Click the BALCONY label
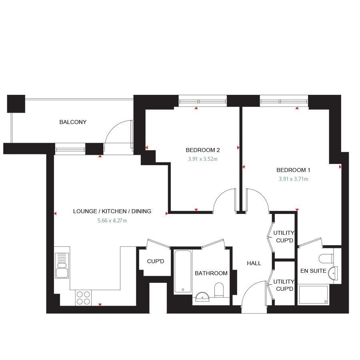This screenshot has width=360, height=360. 73,122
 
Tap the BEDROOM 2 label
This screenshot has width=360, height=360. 203,150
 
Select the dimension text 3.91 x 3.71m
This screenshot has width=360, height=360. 294,179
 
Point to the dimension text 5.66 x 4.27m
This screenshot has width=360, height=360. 112,220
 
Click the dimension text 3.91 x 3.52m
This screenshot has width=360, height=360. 203,159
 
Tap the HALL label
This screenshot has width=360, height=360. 254,263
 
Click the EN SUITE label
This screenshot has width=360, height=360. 313,271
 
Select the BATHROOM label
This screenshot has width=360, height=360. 211,273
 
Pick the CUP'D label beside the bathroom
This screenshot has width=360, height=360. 156,262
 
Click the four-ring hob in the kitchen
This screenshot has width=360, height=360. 83,298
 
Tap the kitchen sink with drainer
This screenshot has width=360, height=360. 62,266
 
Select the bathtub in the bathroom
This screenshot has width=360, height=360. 183,272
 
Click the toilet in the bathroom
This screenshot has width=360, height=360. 219,290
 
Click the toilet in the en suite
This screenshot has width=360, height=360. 326,258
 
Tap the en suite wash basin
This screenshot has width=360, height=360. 333,274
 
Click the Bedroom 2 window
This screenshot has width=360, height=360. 203,102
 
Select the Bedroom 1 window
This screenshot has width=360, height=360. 284,102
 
